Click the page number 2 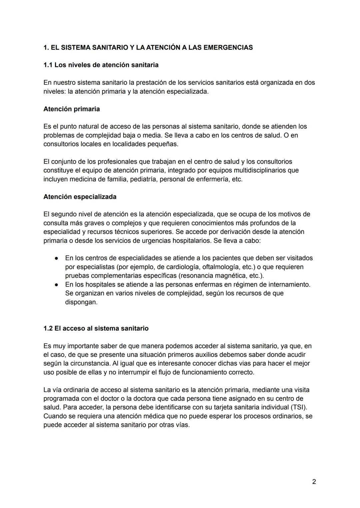coord(314,482)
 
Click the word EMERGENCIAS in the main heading coord(228,48)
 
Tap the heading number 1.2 coord(48,328)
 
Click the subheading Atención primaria coord(71,109)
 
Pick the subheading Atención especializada coord(80,197)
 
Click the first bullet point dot coord(57,258)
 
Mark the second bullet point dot coord(57,285)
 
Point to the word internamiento coord(288,284)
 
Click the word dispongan coord(81,302)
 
